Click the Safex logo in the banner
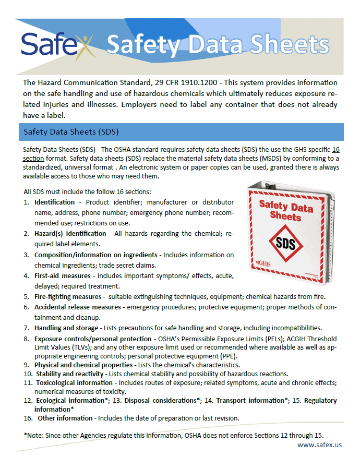click(x=57, y=44)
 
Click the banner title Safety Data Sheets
click(x=218, y=45)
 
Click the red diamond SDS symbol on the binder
click(x=286, y=243)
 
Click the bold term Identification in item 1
click(x=54, y=202)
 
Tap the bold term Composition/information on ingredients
click(x=95, y=255)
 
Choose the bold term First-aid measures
click(x=63, y=275)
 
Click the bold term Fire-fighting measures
click(x=67, y=296)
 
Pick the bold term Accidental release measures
click(x=77, y=307)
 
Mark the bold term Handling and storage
click(x=66, y=328)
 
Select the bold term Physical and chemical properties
click(x=83, y=365)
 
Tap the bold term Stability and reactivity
click(x=70, y=374)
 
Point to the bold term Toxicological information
click(x=74, y=382)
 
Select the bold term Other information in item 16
click(x=65, y=418)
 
